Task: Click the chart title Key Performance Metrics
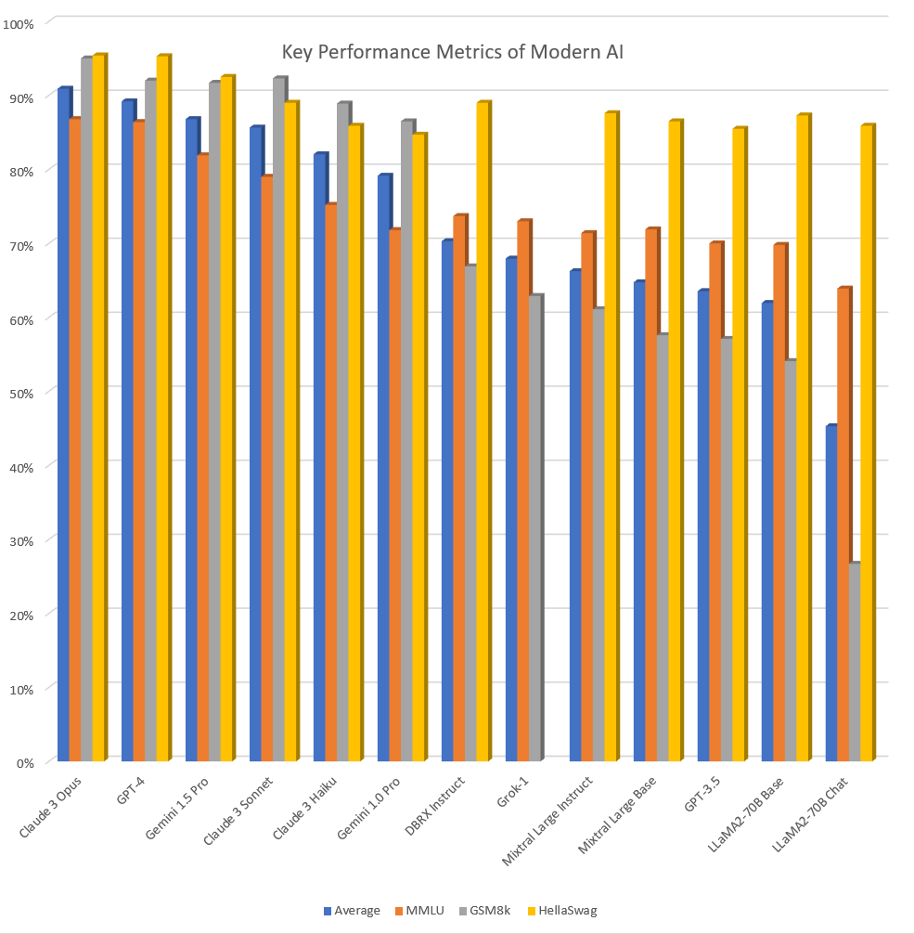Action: [454, 52]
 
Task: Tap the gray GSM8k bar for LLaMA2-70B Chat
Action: [854, 663]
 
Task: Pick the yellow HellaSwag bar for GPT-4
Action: [162, 409]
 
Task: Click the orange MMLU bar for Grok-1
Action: [522, 491]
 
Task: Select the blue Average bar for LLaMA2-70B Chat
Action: [830, 594]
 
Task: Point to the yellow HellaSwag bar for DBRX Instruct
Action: [482, 433]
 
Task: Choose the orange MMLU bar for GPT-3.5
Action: [714, 502]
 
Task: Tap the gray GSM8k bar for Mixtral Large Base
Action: [662, 549]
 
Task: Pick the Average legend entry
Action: [352, 910]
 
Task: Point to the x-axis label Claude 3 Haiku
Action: [305, 806]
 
